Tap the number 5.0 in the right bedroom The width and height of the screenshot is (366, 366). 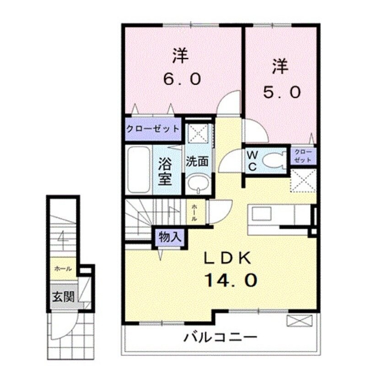[281, 92]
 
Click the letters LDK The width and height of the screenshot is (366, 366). [227, 259]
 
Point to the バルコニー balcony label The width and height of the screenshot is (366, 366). [220, 339]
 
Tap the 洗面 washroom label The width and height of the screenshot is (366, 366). [197, 161]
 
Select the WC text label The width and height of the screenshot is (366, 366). [252, 160]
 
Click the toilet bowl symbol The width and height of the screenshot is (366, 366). [275, 160]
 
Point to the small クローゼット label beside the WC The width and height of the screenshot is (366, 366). [303, 156]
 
